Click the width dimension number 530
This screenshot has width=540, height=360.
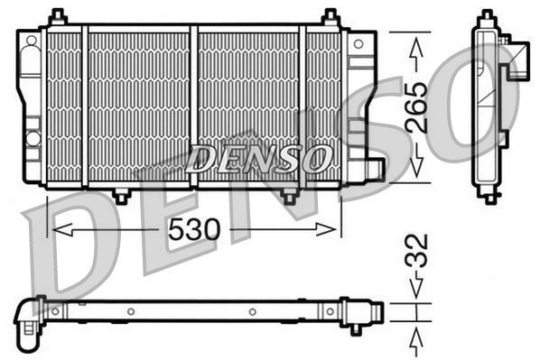click(193, 230)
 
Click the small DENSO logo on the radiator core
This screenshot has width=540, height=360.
click(258, 161)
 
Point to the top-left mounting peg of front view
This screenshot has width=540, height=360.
click(58, 17)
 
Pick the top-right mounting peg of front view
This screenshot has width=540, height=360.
click(331, 17)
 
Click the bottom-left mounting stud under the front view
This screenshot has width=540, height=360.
click(121, 195)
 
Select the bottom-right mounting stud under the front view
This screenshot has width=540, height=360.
click(289, 195)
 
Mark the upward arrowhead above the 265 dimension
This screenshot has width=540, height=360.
click(416, 44)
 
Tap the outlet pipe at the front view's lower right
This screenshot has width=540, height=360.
click(373, 167)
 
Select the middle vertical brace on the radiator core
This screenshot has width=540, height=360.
click(193, 106)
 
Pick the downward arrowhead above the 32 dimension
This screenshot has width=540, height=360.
click(416, 291)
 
